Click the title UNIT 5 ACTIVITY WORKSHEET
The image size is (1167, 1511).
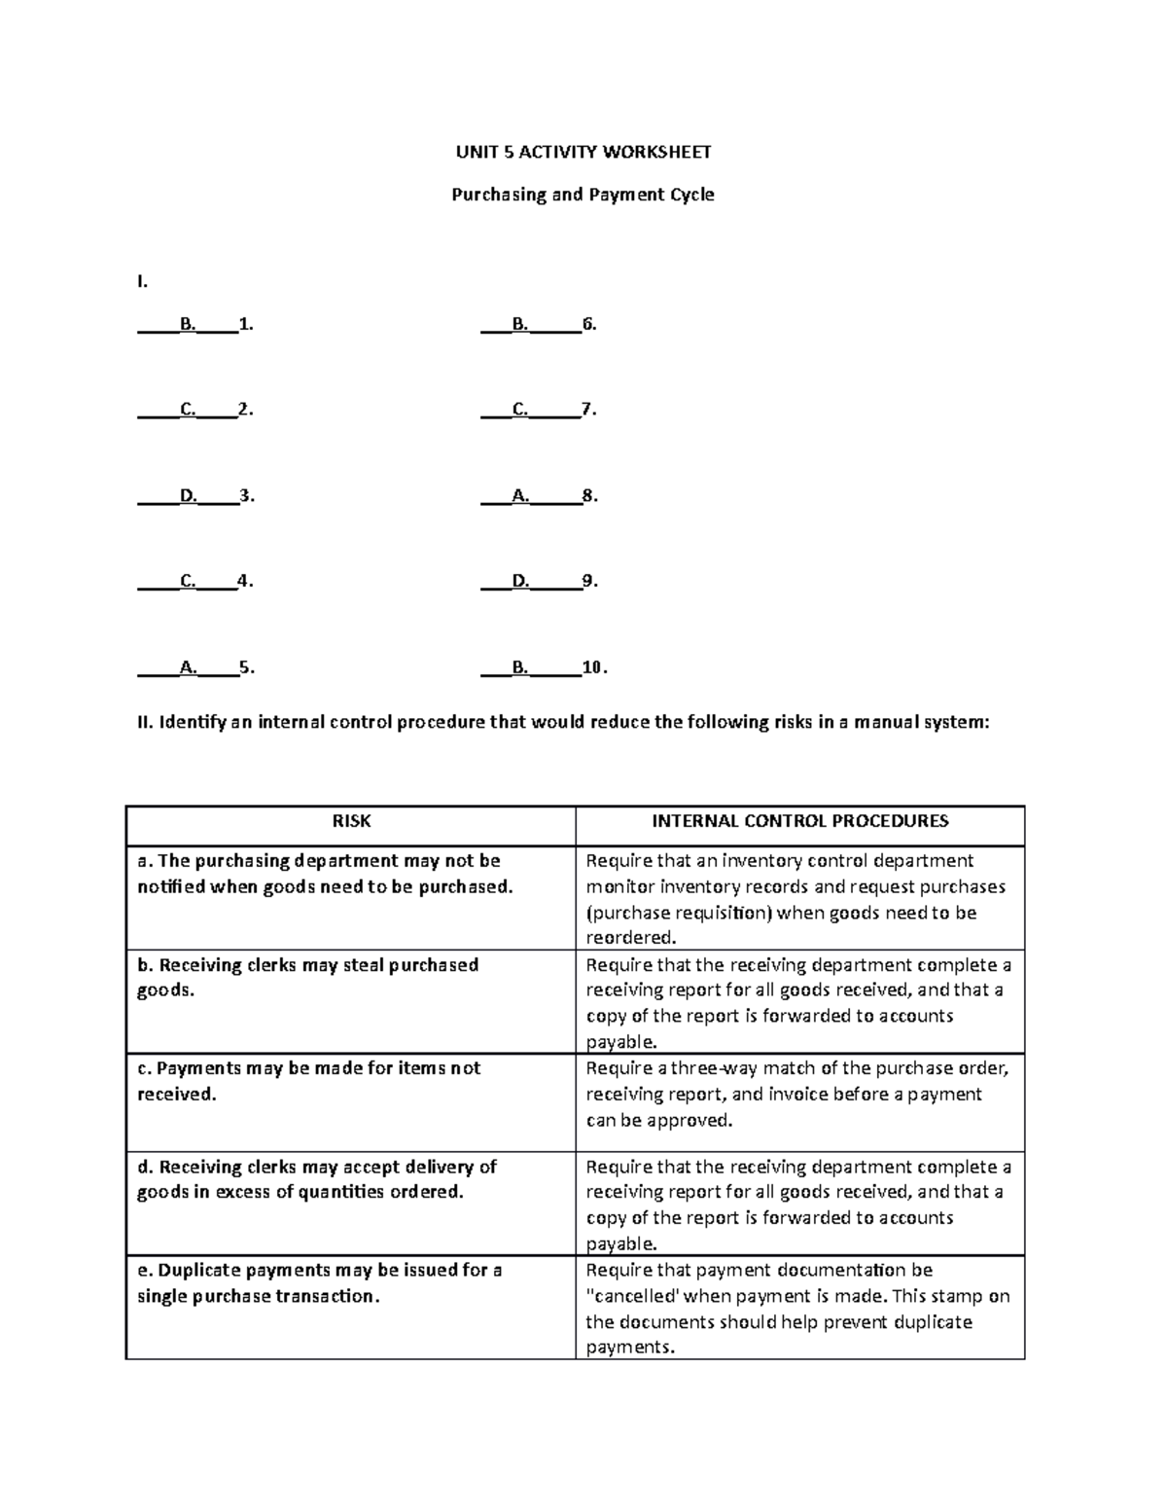(x=583, y=152)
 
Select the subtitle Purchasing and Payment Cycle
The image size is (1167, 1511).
(x=583, y=195)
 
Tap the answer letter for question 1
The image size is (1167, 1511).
(x=187, y=324)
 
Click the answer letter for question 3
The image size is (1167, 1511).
(x=187, y=495)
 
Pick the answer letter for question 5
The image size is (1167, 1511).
(x=187, y=667)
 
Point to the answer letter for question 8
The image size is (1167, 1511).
(x=520, y=495)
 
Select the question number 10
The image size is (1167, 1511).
(x=592, y=667)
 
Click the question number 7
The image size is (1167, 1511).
(x=586, y=410)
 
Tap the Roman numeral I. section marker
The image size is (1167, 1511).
(x=142, y=282)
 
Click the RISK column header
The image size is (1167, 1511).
(x=351, y=821)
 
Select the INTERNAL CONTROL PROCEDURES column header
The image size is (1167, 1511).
(x=799, y=821)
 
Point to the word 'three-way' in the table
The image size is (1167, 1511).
(x=687, y=1068)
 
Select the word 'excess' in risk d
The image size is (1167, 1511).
(x=243, y=1192)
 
